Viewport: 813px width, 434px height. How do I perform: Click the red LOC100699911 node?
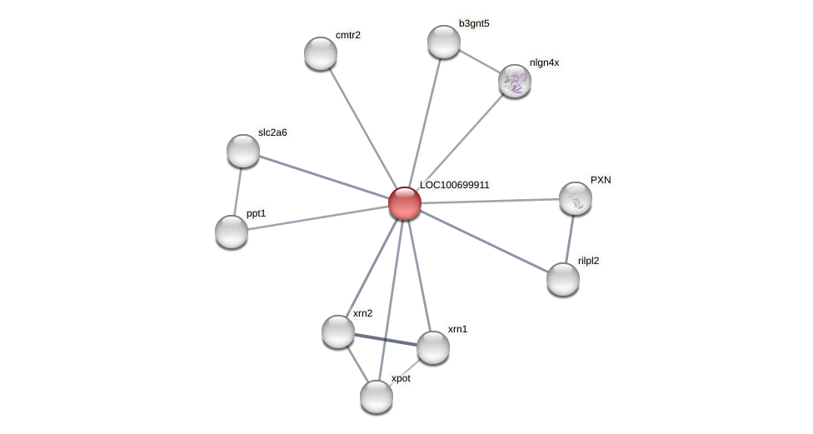click(405, 203)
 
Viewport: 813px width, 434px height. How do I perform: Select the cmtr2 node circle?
click(321, 53)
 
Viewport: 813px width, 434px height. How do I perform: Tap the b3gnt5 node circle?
click(444, 42)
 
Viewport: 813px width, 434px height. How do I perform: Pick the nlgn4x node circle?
click(515, 81)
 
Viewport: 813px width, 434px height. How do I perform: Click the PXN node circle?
click(576, 198)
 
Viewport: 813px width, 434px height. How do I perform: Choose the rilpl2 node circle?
click(563, 279)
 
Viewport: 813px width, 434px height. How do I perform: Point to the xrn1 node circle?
click(433, 347)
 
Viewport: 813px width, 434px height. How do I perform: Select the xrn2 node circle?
click(338, 332)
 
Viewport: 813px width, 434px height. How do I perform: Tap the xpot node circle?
click(377, 397)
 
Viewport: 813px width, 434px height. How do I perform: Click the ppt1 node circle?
click(232, 232)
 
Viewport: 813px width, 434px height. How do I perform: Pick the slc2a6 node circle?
click(243, 151)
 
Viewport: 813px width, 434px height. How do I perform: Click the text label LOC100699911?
click(454, 185)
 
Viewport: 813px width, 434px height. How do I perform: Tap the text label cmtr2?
click(348, 35)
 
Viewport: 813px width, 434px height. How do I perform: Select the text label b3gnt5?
click(474, 23)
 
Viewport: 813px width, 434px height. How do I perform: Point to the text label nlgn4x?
click(545, 62)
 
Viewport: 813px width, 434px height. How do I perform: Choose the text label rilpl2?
click(588, 261)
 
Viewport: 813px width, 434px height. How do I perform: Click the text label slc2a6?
click(272, 132)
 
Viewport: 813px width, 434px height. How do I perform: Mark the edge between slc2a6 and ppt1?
click(237, 192)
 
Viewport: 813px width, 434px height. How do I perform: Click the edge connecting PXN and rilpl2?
click(570, 238)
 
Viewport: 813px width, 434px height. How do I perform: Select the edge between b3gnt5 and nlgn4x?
click(479, 61)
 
